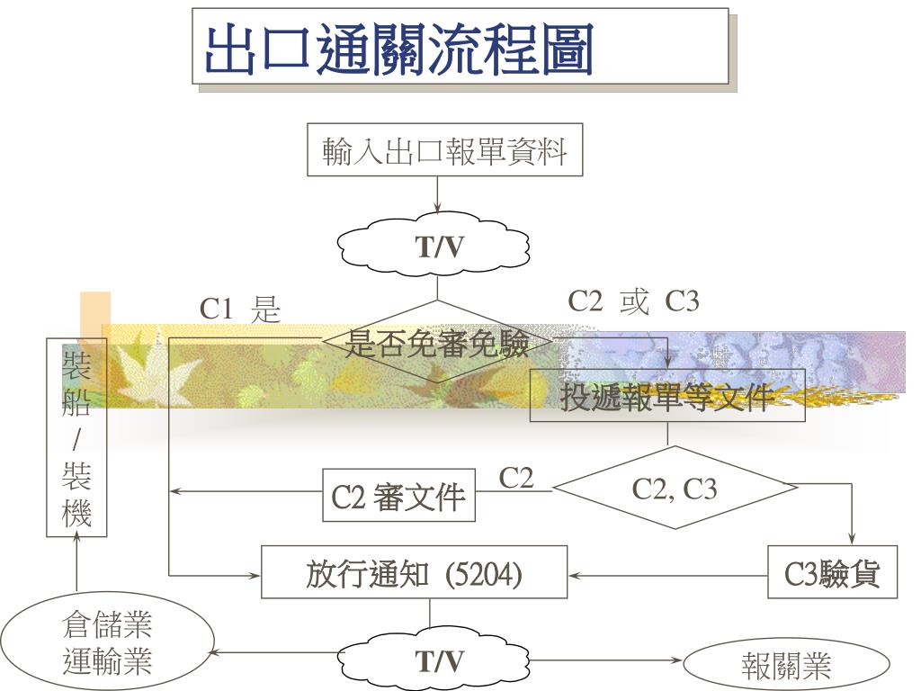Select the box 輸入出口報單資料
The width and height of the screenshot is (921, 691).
444,150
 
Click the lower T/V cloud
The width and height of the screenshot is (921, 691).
438,662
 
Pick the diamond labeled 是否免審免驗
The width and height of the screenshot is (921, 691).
438,343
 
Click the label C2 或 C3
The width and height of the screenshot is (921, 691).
633,301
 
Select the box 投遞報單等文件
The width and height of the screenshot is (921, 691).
666,396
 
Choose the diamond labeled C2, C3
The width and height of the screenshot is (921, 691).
675,489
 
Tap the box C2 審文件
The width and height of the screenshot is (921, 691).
398,496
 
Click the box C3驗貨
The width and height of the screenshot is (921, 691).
834,574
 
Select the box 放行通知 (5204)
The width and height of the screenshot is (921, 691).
414,574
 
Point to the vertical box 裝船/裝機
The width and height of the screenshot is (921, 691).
76,437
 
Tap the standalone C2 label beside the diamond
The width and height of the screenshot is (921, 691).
516,478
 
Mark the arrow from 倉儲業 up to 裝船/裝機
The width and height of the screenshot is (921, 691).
77,567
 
